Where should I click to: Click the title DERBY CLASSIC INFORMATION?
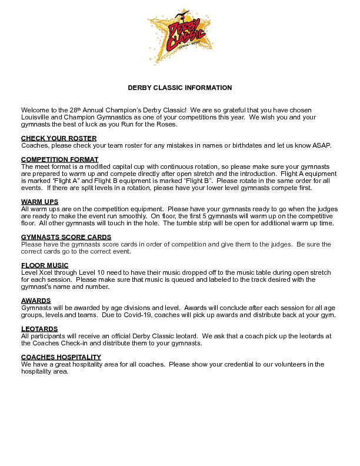point(180,88)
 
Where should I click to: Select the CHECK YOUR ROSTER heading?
point(59,138)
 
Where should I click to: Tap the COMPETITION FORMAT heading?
point(60,159)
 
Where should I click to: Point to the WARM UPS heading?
point(39,202)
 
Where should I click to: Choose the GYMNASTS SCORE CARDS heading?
point(66,237)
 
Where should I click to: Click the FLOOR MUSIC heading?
point(45,265)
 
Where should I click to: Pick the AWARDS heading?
point(36,301)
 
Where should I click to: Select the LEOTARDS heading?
point(39,329)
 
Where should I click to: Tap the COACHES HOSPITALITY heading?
point(61,357)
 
